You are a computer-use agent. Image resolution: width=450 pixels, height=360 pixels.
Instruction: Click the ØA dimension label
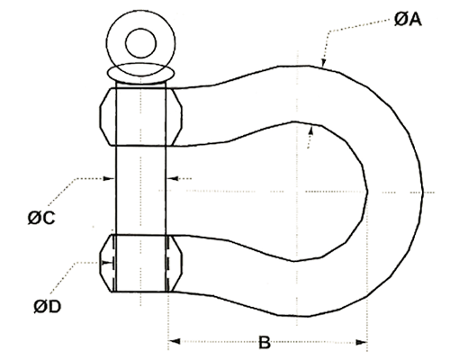pos(408,20)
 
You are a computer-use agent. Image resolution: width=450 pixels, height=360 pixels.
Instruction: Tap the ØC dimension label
pos(41,218)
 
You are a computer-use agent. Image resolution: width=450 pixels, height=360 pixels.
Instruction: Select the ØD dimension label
pos(48,307)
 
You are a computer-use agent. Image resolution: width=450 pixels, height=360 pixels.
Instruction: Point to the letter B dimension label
pos(265,342)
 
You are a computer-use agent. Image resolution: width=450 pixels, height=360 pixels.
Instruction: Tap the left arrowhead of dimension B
pos(174,341)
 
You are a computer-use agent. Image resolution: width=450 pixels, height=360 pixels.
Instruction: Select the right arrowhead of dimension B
pos(362,342)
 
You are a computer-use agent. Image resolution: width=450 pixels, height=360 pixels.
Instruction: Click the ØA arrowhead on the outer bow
pos(323,62)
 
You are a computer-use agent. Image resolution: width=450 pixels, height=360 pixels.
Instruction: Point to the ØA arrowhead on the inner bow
pos(311,130)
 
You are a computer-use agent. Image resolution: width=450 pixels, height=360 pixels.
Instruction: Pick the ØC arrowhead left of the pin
pos(109,178)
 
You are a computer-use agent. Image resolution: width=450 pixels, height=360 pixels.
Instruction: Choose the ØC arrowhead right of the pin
pos(172,178)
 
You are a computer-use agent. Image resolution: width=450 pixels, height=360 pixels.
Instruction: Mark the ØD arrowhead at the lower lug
pos(107,263)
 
